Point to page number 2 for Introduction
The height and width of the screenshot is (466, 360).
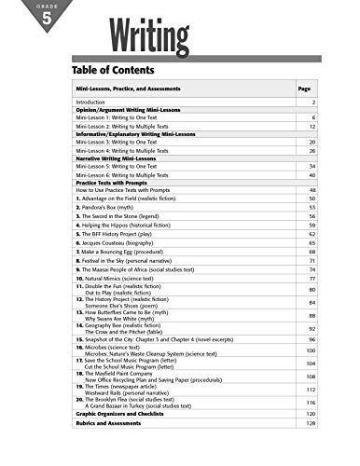(313, 101)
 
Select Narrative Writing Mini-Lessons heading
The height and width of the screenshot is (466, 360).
(114, 158)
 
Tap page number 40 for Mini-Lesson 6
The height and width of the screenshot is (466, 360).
(312, 174)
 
